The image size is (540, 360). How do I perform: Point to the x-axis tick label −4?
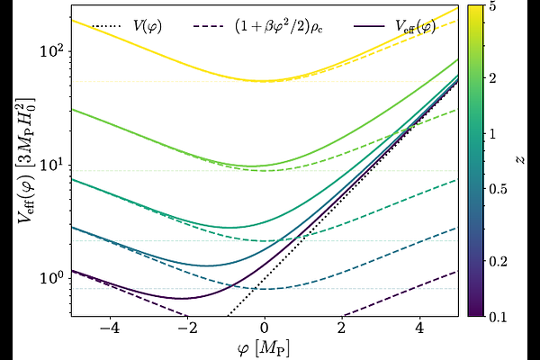(109, 328)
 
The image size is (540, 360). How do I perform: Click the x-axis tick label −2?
(187, 328)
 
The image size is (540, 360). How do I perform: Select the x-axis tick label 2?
(343, 328)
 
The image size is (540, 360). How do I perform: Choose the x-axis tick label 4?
(420, 328)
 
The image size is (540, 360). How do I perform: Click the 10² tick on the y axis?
(51, 50)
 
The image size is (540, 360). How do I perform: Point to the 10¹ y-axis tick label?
(51, 165)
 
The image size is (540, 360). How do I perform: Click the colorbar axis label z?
(520, 160)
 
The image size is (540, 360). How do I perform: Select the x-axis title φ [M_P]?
(265, 346)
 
